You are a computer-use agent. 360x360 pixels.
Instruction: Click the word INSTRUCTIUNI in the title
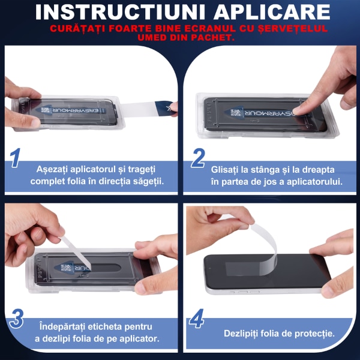[x=120, y=12]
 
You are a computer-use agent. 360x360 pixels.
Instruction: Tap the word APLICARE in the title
[x=272, y=12]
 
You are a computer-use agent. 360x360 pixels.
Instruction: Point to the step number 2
[x=198, y=158]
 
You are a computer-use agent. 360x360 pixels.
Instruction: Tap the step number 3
[x=16, y=319]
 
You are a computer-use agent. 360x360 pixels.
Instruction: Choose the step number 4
[x=197, y=319]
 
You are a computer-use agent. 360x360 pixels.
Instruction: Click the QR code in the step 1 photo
[x=45, y=110]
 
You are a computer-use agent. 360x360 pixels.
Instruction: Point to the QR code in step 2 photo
[x=236, y=113]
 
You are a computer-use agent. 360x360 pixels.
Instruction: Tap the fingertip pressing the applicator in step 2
[x=298, y=110]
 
